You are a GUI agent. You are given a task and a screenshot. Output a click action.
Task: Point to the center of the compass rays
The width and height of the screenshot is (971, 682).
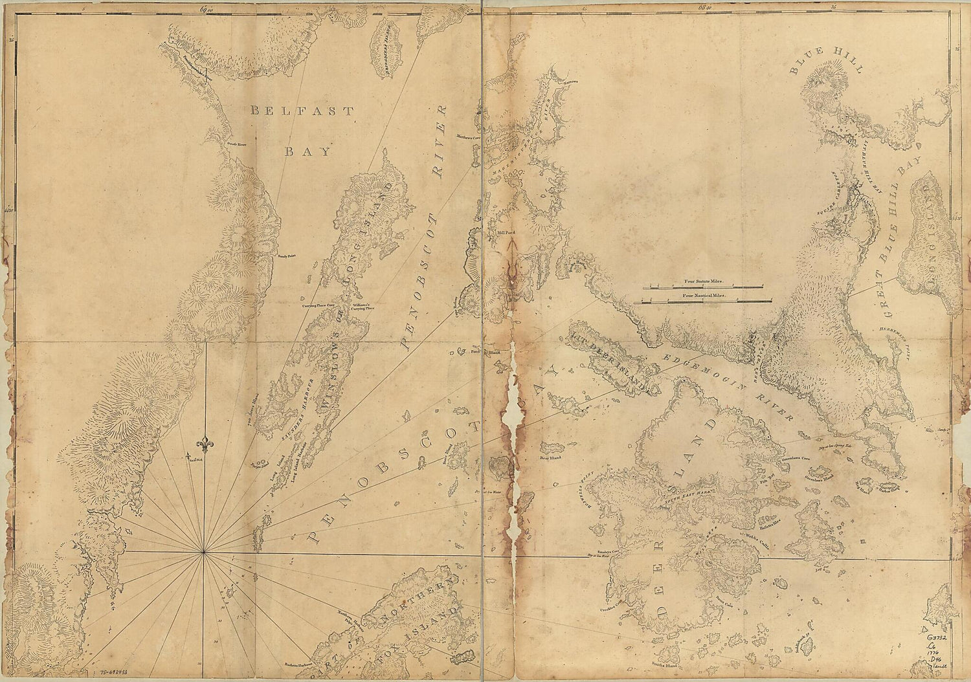204,552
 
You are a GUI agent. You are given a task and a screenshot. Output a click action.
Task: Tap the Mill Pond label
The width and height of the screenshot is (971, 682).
505,230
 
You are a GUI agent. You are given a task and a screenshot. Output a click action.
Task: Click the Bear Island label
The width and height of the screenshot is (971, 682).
549,457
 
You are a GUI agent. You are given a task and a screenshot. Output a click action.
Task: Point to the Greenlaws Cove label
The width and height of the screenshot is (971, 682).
797,458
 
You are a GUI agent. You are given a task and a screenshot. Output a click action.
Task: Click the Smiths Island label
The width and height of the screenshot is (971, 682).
682,665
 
